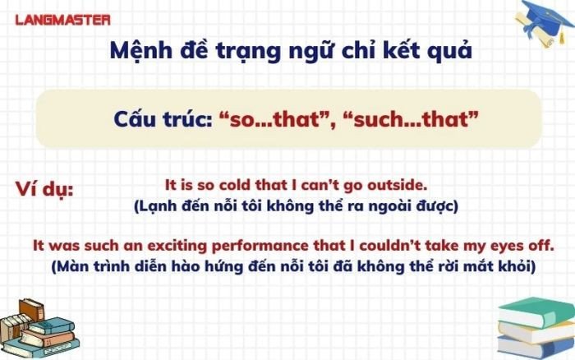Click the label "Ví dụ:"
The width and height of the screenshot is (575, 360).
point(44,190)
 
